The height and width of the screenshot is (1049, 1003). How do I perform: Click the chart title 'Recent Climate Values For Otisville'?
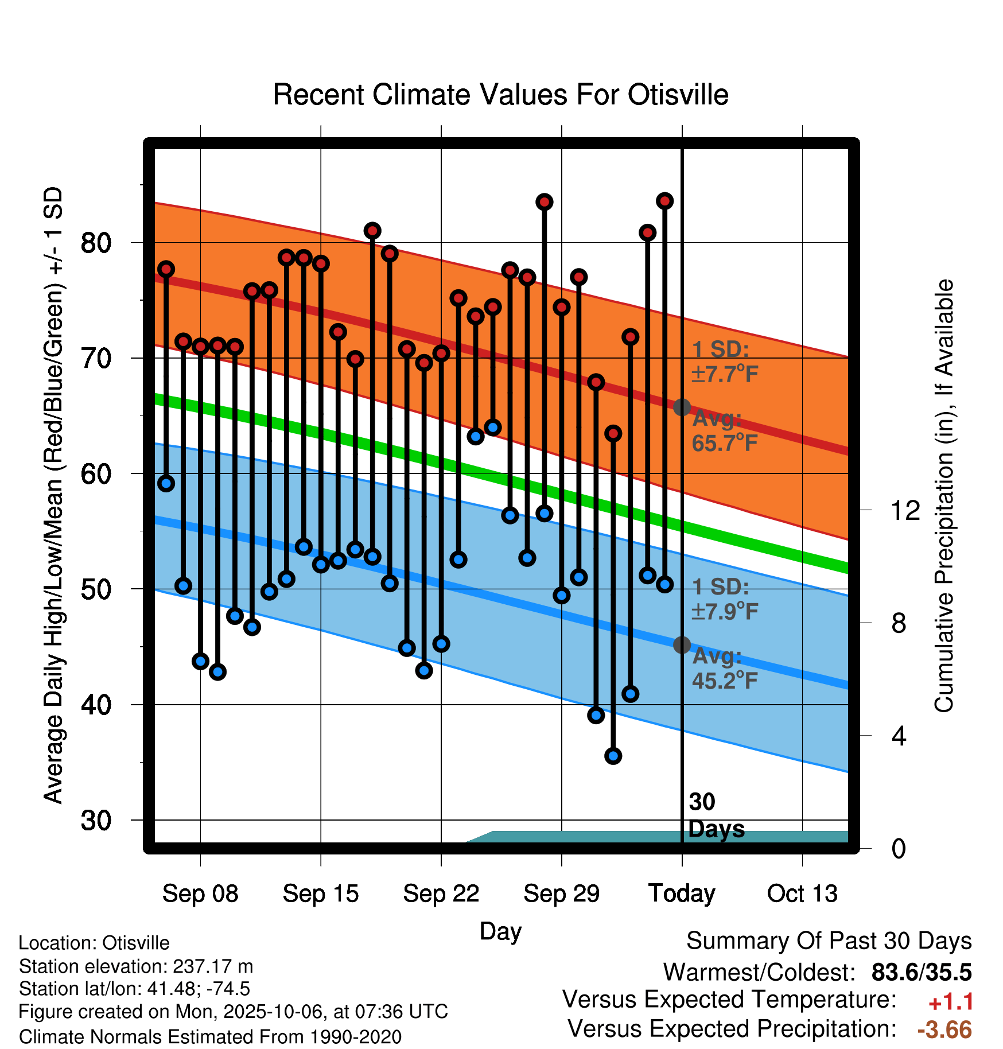tap(500, 95)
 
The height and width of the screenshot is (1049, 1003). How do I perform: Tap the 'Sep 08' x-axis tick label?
tap(200, 893)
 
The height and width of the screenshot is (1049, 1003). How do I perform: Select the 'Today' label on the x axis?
tap(682, 893)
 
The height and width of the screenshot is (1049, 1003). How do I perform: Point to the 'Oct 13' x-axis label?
tap(802, 893)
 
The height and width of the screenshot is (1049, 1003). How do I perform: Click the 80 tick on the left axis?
tap(96, 243)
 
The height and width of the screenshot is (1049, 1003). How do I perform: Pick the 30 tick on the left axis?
tap(96, 821)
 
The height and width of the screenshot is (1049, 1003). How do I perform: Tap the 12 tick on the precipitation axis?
tap(905, 510)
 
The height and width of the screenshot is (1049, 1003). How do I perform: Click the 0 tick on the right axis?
tap(899, 848)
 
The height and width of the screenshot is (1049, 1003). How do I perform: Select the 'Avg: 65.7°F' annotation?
tap(724, 431)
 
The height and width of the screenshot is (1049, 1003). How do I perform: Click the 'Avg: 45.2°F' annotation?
tap(724, 669)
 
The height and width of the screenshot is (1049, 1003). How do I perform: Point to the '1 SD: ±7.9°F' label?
tap(724, 599)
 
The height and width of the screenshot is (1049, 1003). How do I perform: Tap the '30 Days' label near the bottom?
tap(716, 815)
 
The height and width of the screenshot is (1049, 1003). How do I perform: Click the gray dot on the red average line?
tap(682, 407)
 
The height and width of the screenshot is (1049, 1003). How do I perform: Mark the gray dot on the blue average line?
tap(682, 645)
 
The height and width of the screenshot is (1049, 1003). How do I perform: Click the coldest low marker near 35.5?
tap(613, 756)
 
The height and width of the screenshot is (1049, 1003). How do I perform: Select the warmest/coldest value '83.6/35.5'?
tap(921, 972)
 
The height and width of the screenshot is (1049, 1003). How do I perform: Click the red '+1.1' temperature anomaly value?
tap(951, 1002)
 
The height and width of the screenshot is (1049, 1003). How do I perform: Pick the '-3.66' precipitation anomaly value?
tap(944, 1029)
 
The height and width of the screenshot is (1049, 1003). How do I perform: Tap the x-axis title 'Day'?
tap(500, 931)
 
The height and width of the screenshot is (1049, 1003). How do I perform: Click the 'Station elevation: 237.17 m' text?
tap(136, 966)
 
